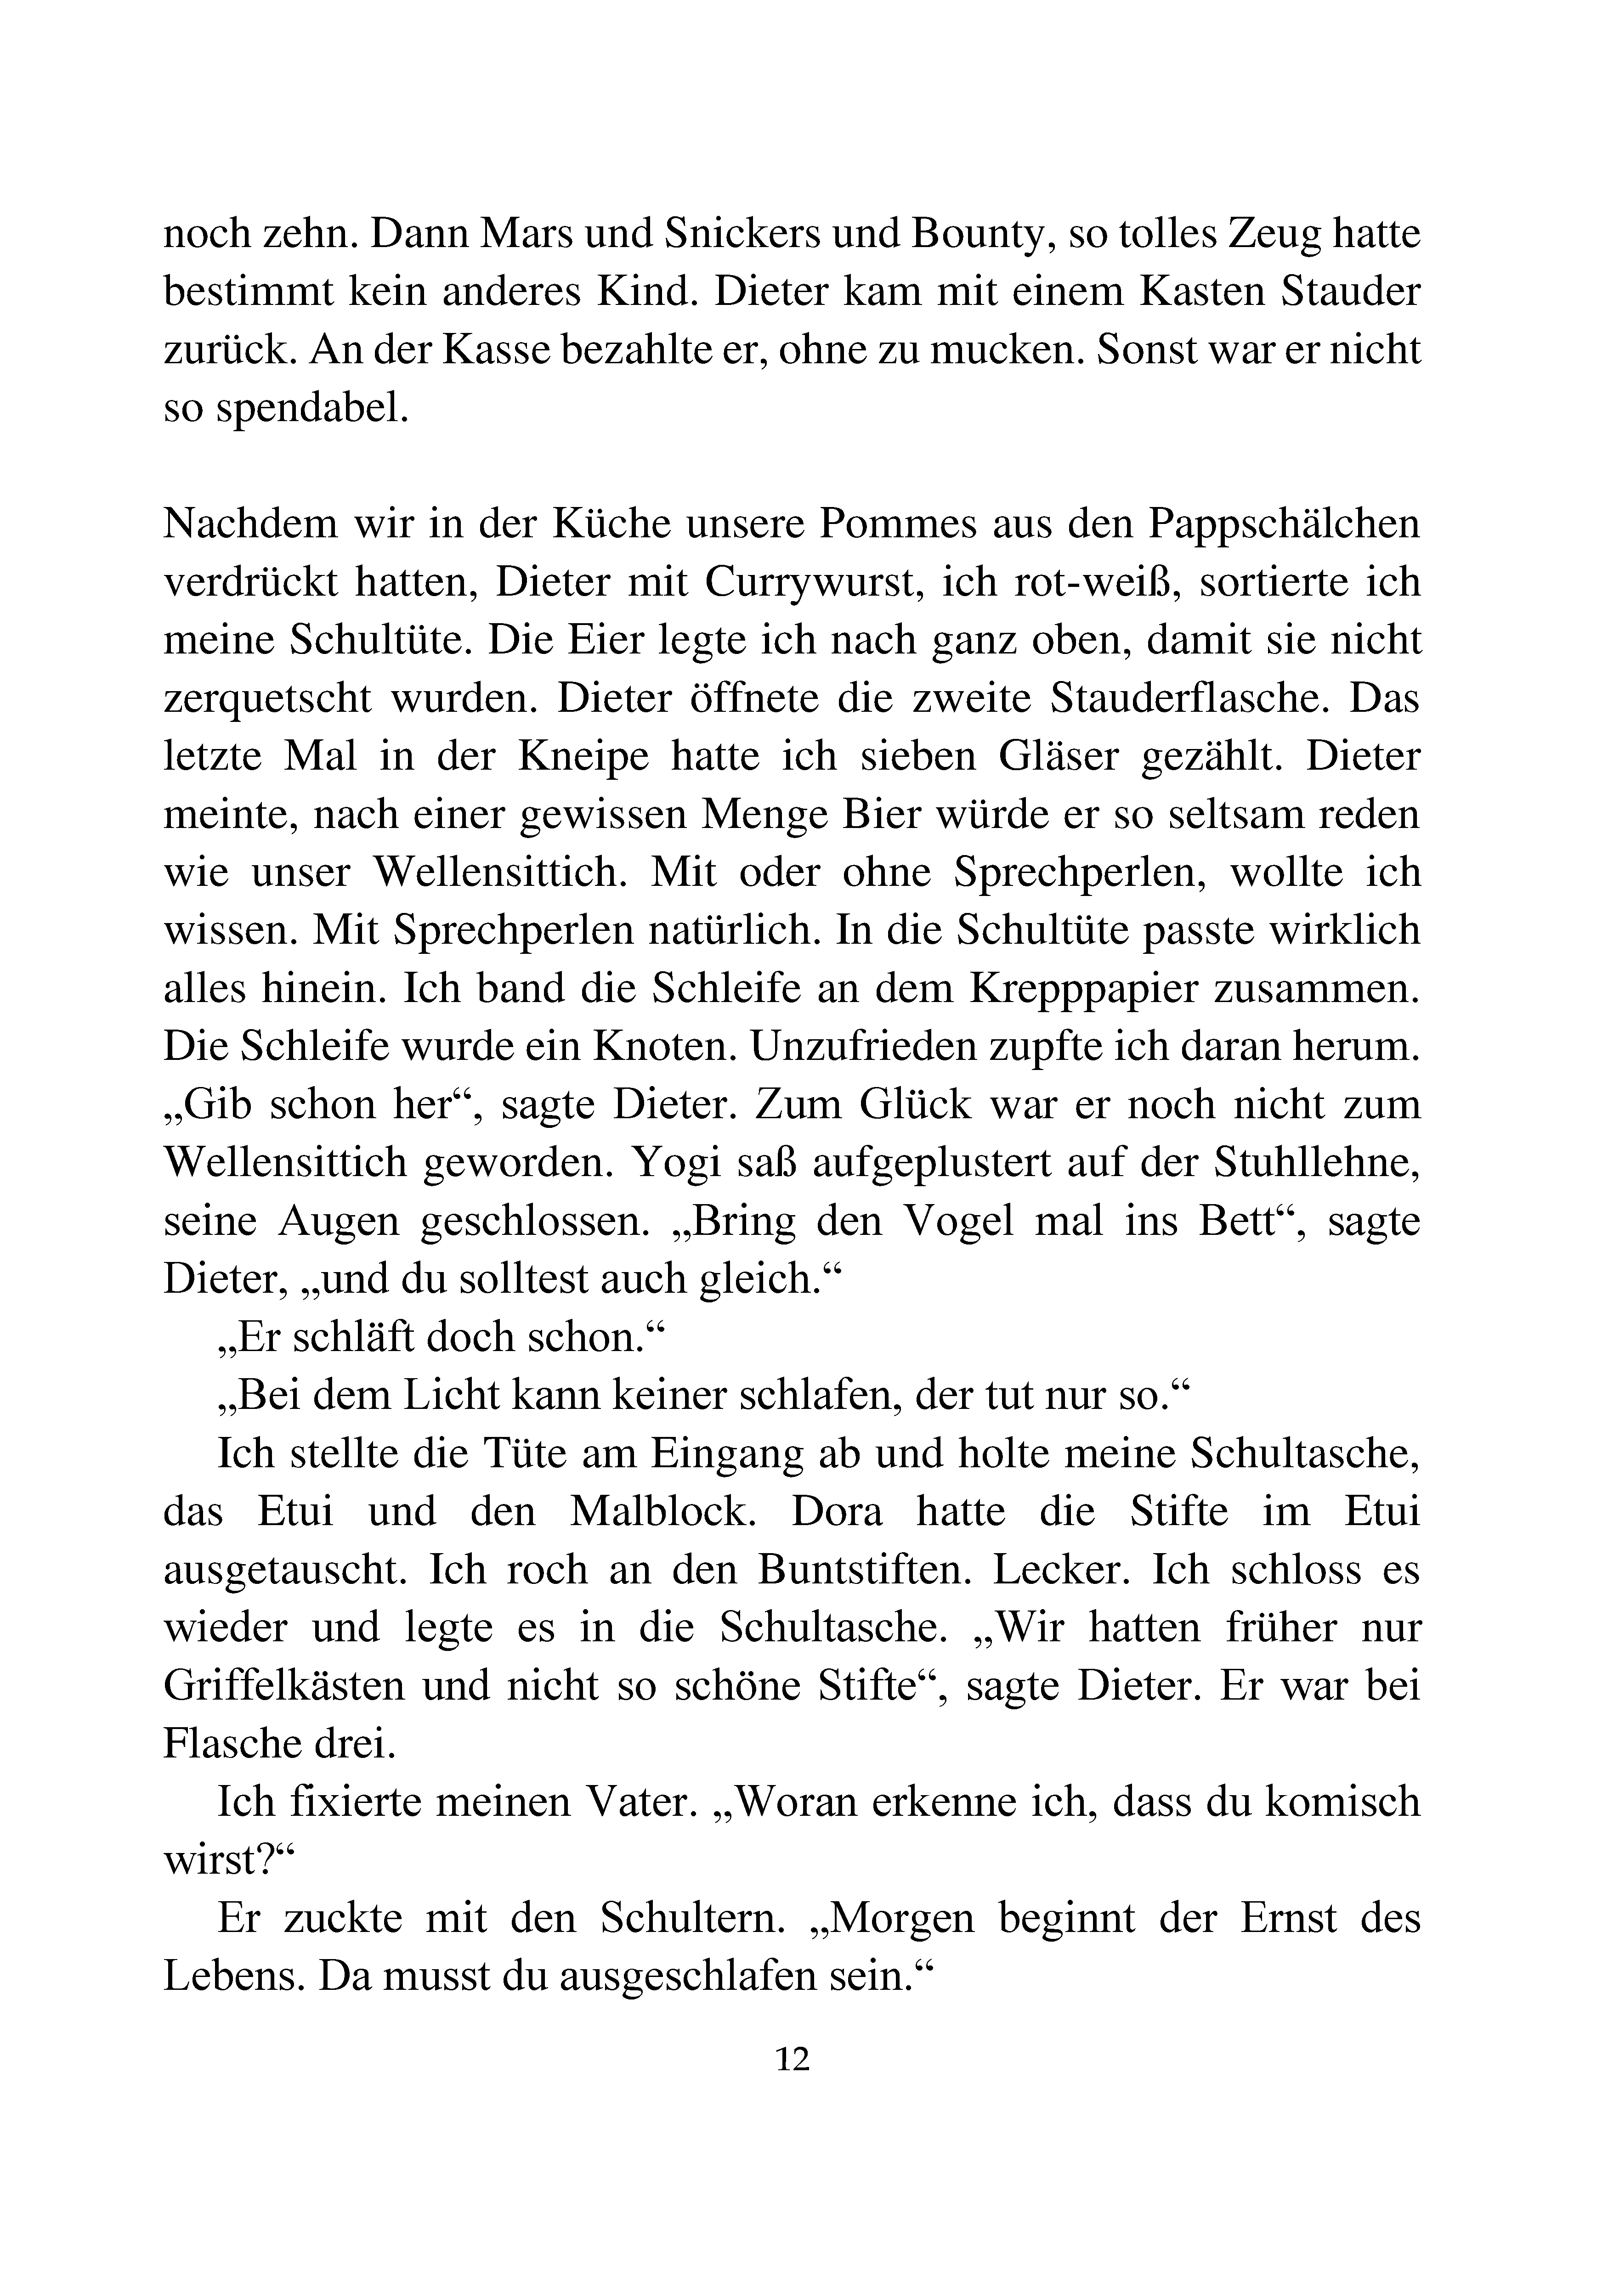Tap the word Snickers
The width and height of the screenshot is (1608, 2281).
click(x=742, y=235)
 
